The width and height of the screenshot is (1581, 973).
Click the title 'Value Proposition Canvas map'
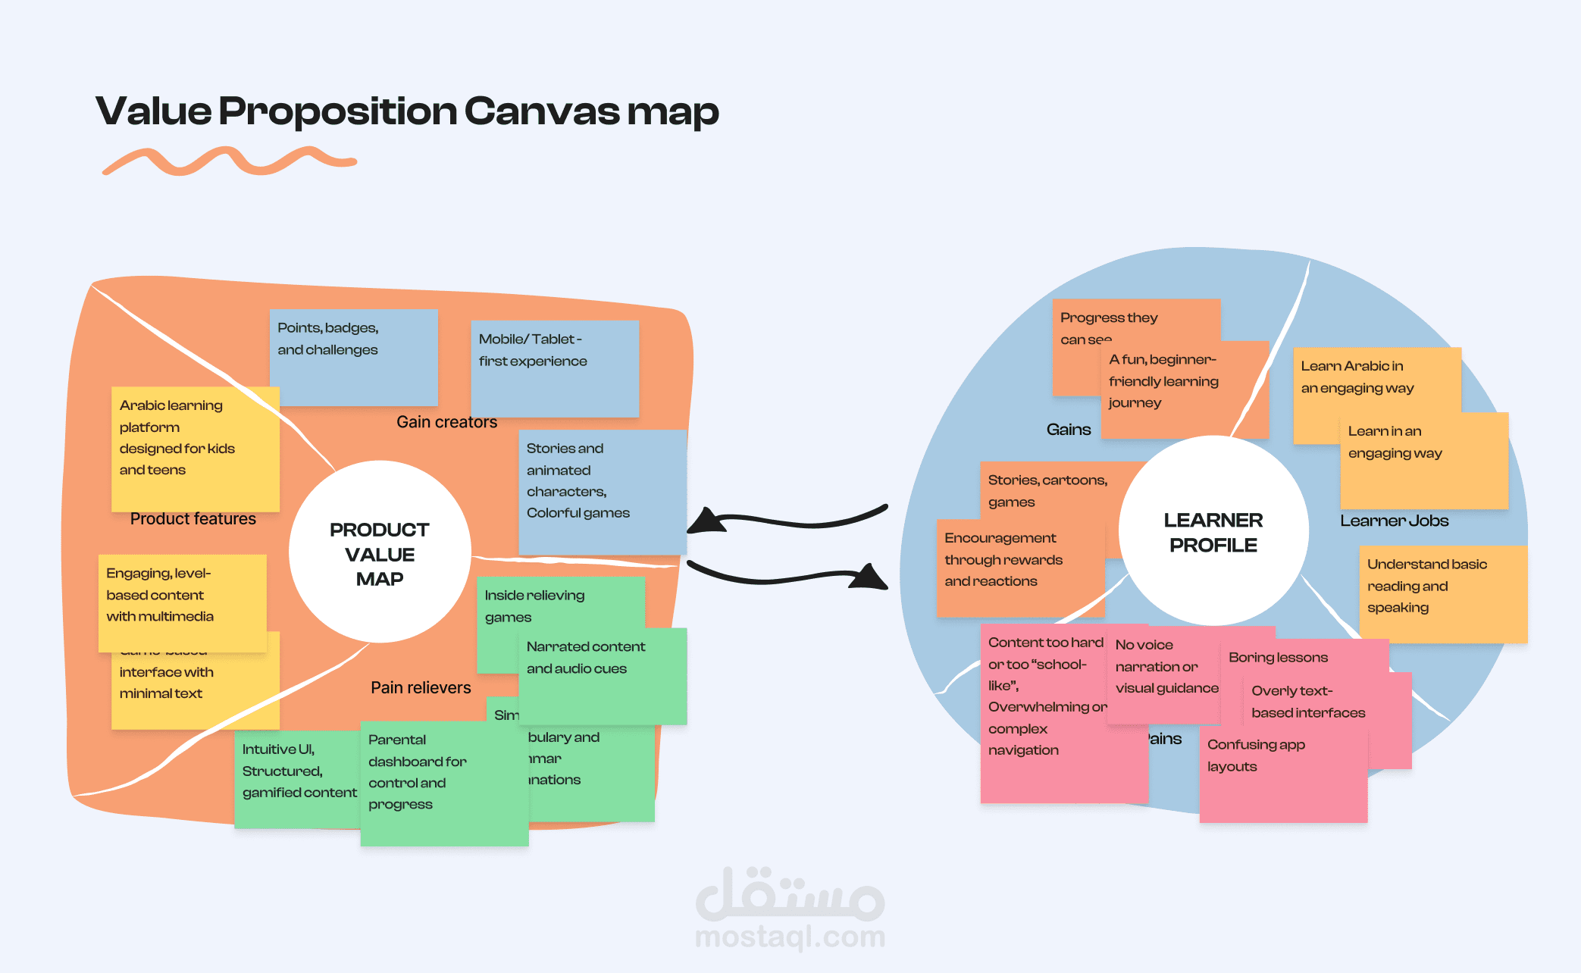point(407,111)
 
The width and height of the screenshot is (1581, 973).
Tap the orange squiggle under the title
point(227,161)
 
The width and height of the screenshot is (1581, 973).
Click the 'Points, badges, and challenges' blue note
point(353,356)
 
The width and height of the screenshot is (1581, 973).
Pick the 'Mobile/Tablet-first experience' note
point(554,368)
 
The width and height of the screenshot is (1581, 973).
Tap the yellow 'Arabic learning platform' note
point(195,447)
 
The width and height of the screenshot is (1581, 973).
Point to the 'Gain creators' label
point(446,422)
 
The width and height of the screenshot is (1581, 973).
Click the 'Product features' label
point(193,519)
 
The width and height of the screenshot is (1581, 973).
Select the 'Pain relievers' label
point(421,687)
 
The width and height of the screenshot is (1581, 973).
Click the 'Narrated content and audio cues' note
point(603,674)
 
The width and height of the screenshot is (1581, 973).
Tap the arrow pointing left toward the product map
point(788,520)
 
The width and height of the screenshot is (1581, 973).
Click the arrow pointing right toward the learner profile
point(788,577)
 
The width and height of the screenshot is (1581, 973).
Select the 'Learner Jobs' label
point(1394,521)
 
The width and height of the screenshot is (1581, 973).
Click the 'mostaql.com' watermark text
point(790,937)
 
